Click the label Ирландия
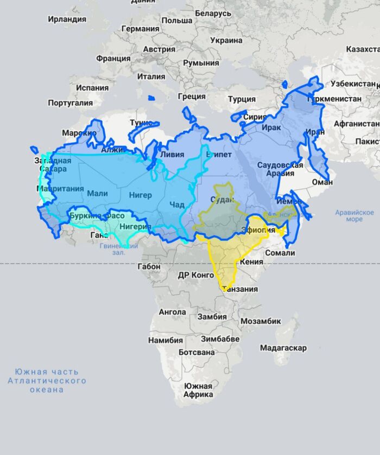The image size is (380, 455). click(x=67, y=19)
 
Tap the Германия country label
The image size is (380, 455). click(x=140, y=29)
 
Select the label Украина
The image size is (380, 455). click(x=226, y=40)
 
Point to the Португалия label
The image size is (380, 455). click(x=71, y=102)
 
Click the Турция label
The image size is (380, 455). click(x=242, y=99)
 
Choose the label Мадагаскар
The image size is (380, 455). click(x=283, y=348)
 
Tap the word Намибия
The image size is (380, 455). click(x=166, y=340)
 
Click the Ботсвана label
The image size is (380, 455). click(x=197, y=352)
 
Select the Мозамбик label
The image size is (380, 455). click(x=261, y=321)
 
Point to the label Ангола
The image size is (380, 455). click(x=172, y=312)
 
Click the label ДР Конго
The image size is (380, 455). click(x=196, y=275)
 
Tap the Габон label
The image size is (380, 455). click(x=149, y=266)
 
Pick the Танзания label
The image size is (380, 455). click(x=240, y=289)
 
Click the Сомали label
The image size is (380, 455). click(x=280, y=253)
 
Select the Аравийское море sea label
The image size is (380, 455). click(x=354, y=216)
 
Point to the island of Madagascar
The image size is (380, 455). click(x=287, y=334)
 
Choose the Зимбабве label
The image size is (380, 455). click(x=220, y=339)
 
